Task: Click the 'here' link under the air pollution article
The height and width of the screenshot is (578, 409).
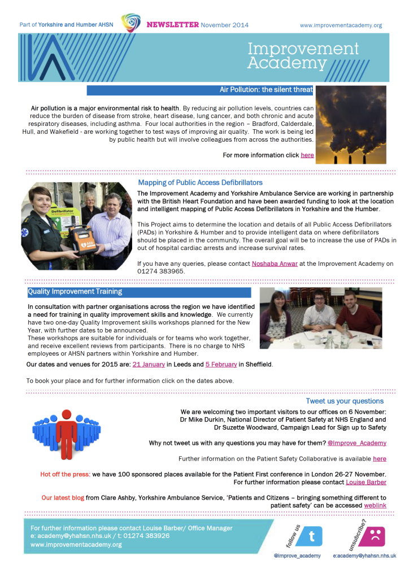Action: [307, 155]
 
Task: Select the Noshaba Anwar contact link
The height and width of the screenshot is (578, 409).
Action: [275, 264]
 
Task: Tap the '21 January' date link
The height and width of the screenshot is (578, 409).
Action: [149, 365]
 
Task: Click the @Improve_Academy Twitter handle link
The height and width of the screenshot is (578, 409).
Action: [357, 443]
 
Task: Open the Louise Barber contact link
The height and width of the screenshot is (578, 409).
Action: [366, 482]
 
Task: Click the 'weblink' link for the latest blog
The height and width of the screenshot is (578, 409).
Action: [375, 506]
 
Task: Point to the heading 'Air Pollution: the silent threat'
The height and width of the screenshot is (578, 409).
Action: [266, 90]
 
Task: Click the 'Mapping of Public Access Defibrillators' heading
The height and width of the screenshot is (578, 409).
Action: [200, 182]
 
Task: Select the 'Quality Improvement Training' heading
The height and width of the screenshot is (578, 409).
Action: [75, 292]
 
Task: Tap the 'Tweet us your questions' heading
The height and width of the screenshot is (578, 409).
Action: [345, 401]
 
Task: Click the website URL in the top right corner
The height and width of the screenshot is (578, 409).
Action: [341, 25]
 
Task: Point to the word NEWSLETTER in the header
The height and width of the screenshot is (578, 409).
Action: [173, 25]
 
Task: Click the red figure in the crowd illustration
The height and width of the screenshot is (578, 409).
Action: [67, 432]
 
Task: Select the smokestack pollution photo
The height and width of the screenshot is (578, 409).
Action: [351, 125]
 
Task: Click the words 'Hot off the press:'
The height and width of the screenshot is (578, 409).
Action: [65, 474]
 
